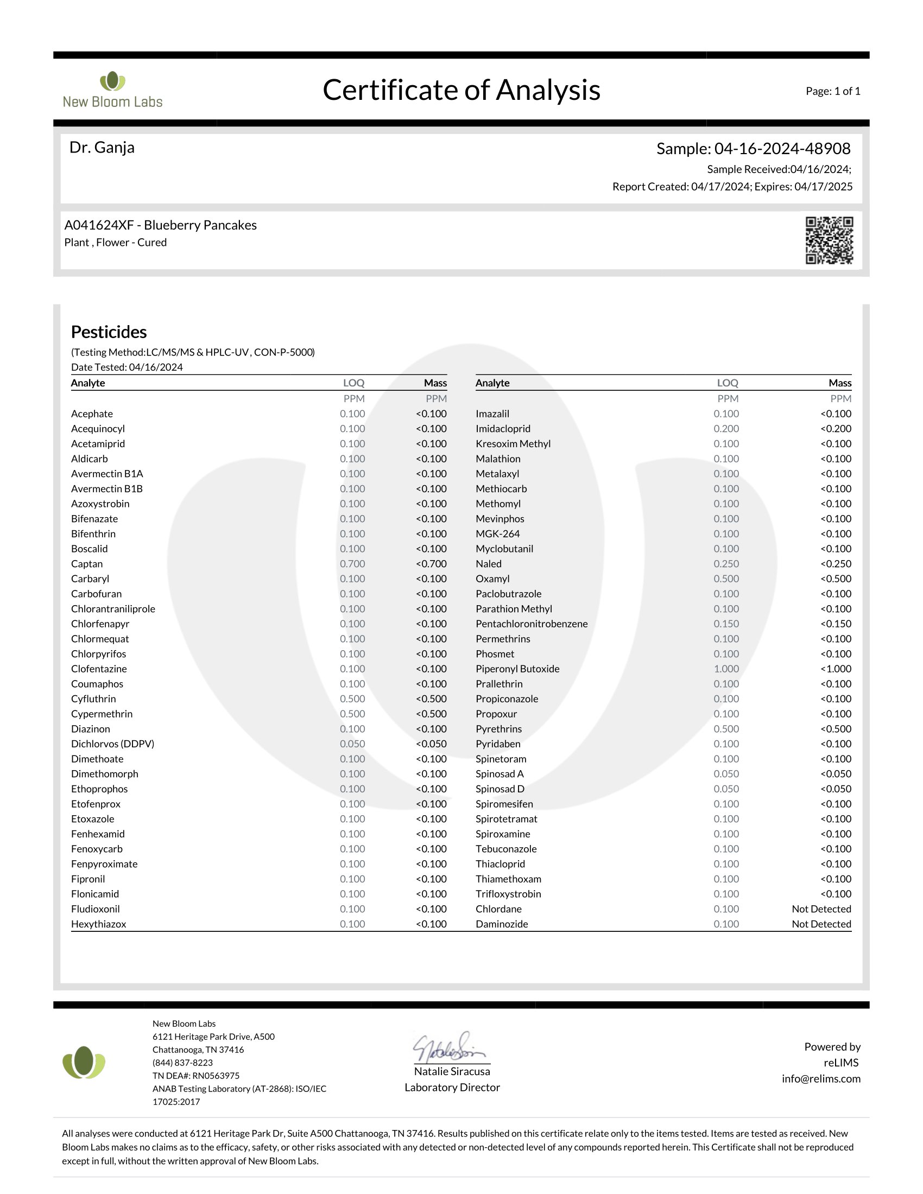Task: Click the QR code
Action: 829,240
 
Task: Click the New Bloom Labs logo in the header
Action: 112,90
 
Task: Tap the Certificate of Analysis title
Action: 461,90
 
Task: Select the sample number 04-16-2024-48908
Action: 782,149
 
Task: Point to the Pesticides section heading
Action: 109,332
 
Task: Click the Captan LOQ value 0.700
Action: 352,564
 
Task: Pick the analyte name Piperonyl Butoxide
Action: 517,669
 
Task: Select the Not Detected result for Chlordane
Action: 821,909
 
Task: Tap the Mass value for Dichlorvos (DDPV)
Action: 431,744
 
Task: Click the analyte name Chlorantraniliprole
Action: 113,608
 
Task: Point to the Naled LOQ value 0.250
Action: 726,564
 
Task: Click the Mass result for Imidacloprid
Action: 836,429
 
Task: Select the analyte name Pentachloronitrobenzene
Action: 532,624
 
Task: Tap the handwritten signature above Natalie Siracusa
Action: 450,1047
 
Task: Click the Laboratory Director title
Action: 452,1088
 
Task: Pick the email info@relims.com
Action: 821,1078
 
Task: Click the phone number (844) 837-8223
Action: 182,1063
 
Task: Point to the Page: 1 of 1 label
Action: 833,91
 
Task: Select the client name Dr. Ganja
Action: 102,148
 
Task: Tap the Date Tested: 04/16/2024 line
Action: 127,367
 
